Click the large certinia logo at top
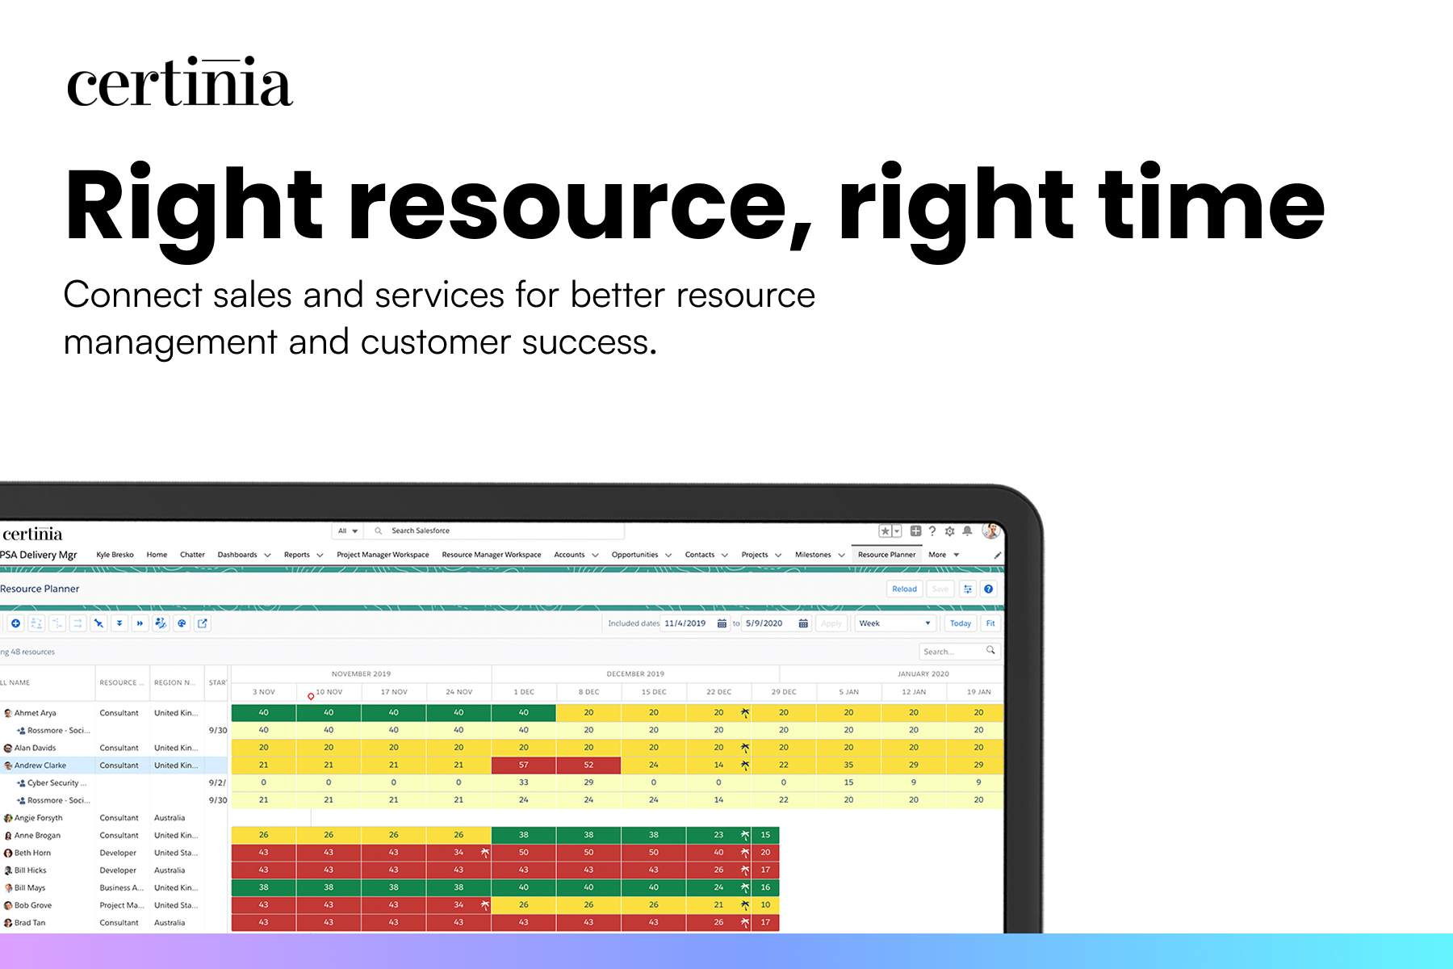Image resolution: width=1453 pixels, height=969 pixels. point(179,82)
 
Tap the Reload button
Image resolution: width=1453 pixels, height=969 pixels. point(904,589)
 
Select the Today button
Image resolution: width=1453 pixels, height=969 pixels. point(960,623)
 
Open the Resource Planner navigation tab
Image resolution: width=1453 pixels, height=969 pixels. point(886,555)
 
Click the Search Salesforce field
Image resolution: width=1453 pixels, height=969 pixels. point(484,531)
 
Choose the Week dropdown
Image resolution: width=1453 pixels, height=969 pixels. point(894,623)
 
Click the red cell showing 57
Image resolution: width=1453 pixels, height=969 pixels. point(523,765)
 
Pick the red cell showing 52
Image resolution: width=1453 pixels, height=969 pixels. point(588,765)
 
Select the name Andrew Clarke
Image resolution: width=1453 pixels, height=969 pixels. point(40,766)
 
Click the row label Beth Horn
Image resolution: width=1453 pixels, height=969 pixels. point(32,853)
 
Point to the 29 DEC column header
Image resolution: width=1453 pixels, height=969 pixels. point(783,692)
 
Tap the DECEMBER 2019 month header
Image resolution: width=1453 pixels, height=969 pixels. point(635,673)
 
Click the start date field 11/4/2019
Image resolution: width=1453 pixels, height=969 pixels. point(686,623)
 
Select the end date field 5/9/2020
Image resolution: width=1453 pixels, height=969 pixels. point(765,623)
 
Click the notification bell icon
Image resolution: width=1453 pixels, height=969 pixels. point(967,531)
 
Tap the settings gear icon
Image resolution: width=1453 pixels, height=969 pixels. point(949,531)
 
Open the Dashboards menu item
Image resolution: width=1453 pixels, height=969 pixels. point(237,555)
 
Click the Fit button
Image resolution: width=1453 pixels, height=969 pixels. point(990,623)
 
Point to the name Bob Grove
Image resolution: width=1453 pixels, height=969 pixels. point(33,905)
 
